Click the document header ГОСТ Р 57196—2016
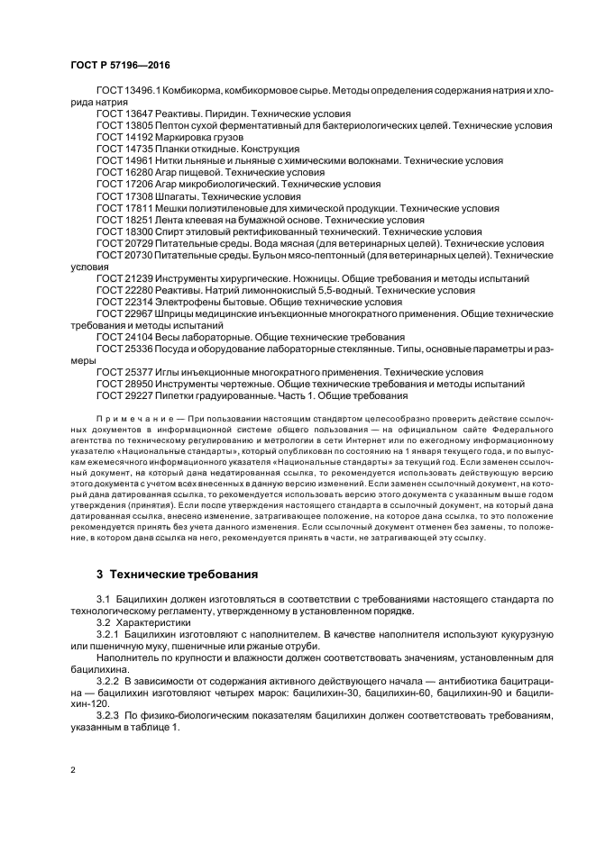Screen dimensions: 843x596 120,66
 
